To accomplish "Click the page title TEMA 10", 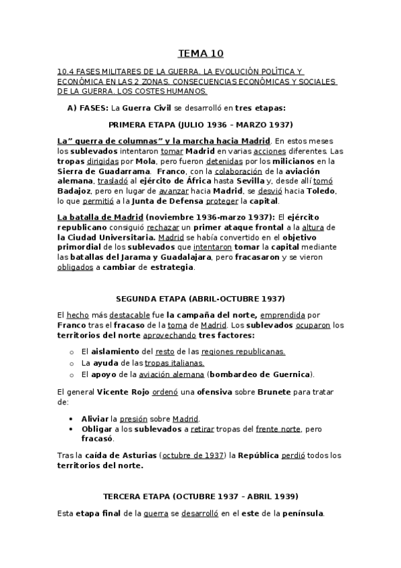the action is coord(200,53).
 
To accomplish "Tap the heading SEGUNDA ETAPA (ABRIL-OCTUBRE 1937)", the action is coord(200,298).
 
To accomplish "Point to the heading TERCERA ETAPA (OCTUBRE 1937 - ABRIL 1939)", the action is coord(200,496).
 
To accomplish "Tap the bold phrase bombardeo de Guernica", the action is coord(260,374).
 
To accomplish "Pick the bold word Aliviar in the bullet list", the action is coord(95,418).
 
